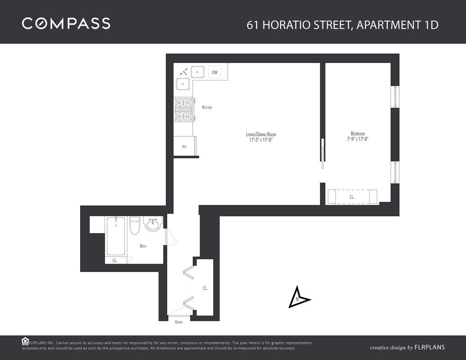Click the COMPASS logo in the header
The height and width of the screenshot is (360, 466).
pos(66,23)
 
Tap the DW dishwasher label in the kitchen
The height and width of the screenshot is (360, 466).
pos(215,72)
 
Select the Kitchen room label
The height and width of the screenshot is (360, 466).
pos(207,107)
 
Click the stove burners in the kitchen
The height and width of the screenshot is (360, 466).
pos(184,110)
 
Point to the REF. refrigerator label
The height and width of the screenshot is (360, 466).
pos(184,147)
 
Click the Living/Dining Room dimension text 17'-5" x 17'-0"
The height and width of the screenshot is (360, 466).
pos(261,139)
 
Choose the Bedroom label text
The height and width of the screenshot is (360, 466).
pos(357,134)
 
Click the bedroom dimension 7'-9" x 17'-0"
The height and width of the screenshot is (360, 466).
pos(357,139)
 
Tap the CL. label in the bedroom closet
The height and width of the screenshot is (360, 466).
pos(352,197)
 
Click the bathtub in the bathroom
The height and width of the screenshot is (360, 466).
pos(116,236)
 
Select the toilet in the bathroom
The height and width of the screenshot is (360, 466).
pos(135,225)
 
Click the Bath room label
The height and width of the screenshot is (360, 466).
pos(143,246)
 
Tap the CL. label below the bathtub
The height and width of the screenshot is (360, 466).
pos(115,261)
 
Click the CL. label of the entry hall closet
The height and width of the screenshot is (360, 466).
pos(205,288)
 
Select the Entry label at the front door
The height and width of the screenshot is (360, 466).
pos(179,322)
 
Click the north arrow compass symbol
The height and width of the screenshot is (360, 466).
pos(299,297)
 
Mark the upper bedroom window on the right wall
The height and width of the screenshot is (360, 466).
pos(395,97)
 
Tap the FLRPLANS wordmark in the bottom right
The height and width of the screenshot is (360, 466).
pos(430,347)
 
